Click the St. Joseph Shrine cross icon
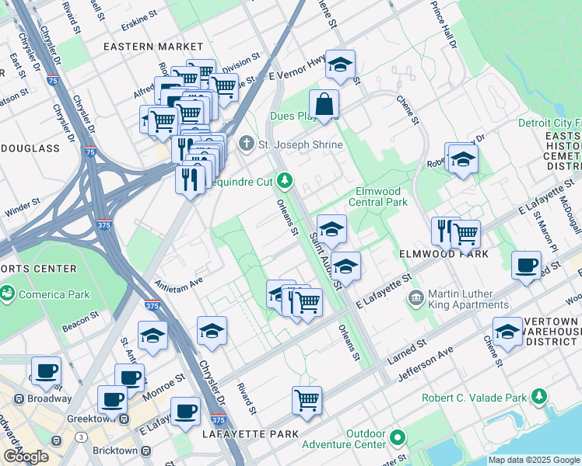pyautogui.click(x=247, y=142)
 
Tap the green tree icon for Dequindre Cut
pyautogui.click(x=286, y=181)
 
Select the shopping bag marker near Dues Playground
pyautogui.click(x=324, y=104)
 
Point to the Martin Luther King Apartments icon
pyautogui.click(x=416, y=297)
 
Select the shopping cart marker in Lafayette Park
pyautogui.click(x=307, y=401)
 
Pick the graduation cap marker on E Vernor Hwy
pyautogui.click(x=340, y=66)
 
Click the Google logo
pyautogui.click(x=26, y=456)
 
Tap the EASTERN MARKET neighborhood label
pyautogui.click(x=147, y=47)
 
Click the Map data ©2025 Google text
pyautogui.click(x=534, y=460)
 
